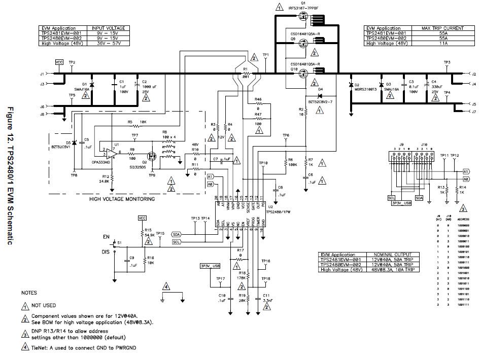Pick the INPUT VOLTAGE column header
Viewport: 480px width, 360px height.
pyautogui.click(x=108, y=28)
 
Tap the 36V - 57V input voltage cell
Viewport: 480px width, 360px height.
pyautogui.click(x=108, y=44)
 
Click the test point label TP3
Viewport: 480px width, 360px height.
pyautogui.click(x=447, y=62)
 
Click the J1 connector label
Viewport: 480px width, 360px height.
pyautogui.click(x=42, y=74)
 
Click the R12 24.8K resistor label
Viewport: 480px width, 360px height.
pyautogui.click(x=105, y=178)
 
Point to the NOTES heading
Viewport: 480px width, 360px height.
pyautogui.click(x=29, y=293)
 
